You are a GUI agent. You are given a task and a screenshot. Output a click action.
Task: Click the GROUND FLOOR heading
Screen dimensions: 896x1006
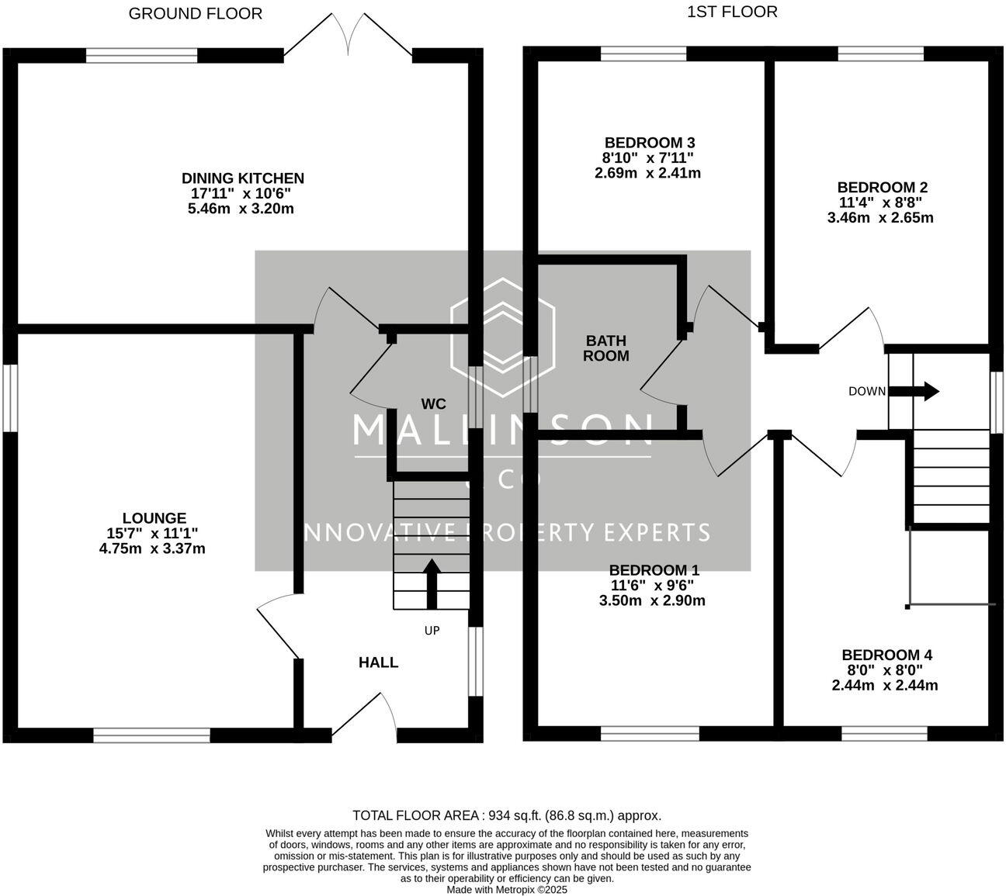[195, 13]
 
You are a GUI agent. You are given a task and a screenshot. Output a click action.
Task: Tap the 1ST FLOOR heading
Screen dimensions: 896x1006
[732, 12]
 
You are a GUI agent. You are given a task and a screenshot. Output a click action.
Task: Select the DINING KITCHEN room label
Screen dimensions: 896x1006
[242, 178]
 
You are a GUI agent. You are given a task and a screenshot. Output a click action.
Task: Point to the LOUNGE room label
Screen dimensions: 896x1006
[154, 518]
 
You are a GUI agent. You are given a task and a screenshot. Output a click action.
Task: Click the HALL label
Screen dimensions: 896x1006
[378, 662]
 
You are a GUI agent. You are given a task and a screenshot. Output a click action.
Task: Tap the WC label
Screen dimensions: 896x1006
[433, 403]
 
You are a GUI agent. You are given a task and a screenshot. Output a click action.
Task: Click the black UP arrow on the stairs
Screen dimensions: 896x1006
[431, 583]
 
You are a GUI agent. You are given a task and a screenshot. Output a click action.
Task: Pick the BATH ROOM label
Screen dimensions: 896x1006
[605, 348]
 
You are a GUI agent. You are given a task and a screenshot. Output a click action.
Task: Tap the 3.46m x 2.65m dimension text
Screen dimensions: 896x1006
[880, 218]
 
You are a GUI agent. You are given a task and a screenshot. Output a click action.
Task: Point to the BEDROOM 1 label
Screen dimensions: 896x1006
[654, 570]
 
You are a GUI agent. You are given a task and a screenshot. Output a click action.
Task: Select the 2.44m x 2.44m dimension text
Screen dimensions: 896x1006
[884, 685]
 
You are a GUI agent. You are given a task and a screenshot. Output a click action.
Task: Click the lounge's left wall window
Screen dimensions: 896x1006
[9, 397]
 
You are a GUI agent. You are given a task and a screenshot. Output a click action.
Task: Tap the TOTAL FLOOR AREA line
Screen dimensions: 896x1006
[506, 815]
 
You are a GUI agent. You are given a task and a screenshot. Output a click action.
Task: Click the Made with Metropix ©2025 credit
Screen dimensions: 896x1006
[507, 890]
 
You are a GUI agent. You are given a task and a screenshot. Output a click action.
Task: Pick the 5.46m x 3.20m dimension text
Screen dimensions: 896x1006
[241, 209]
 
